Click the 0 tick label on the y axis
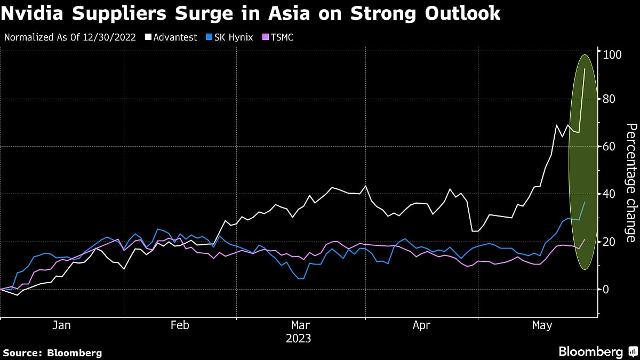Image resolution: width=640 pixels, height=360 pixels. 605,289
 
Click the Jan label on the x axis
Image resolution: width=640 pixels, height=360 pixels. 62,325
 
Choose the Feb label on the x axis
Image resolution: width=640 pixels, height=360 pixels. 179,325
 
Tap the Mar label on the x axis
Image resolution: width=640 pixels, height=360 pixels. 300,325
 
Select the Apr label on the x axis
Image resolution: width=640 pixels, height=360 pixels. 421,325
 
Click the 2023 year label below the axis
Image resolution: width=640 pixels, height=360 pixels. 299,339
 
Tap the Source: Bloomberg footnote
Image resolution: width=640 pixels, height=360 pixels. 52,353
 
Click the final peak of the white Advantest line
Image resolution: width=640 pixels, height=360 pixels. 585,69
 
